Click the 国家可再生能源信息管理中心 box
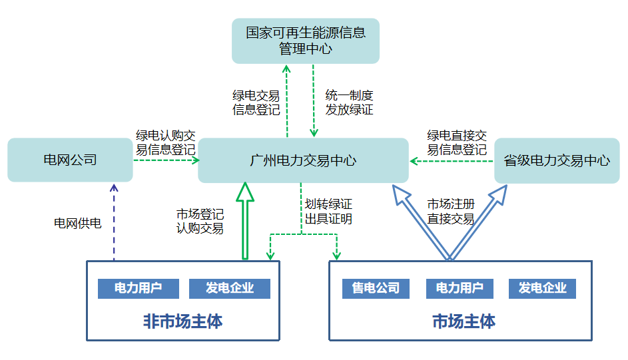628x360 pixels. tap(305, 41)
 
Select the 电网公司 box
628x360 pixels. tap(70, 160)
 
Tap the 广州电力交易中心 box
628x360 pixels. tap(303, 160)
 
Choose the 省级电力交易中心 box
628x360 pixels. tap(557, 160)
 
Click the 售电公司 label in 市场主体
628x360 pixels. tap(376, 288)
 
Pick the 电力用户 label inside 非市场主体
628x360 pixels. tap(139, 288)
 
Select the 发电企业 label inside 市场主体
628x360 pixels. tap(542, 288)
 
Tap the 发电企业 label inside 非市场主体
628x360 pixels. tap(230, 288)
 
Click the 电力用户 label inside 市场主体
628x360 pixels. tap(460, 288)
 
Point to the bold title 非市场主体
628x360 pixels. tap(182, 322)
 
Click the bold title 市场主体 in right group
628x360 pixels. tap(464, 322)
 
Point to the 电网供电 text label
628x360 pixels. tap(77, 224)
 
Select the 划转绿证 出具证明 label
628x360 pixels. tap(328, 211)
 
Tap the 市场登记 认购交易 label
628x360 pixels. tap(200, 222)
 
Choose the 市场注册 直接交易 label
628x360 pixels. tap(451, 211)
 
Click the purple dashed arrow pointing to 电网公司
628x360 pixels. tap(113, 223)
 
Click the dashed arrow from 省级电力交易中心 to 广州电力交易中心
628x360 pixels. tap(452, 160)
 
